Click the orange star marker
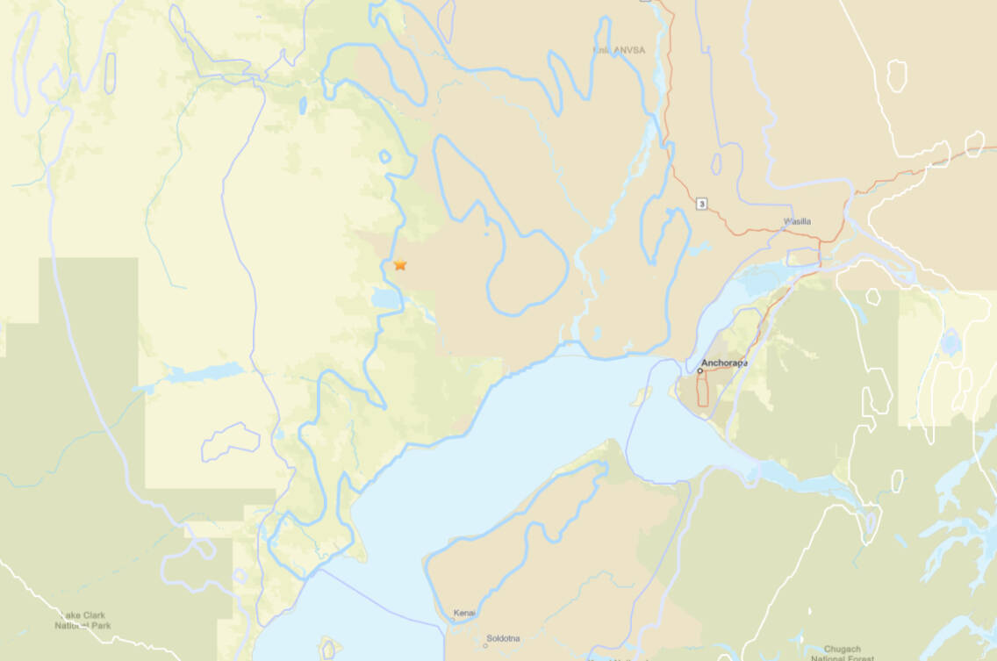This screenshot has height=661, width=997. point(400,264)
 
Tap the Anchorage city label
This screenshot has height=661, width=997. point(723,363)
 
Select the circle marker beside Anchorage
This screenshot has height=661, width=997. point(700,371)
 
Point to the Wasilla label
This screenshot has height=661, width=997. point(797,221)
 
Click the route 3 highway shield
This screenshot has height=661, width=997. point(701,204)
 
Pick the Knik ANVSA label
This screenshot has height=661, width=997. point(618,50)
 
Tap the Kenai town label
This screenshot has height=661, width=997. point(464,613)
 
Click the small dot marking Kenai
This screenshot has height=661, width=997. point(453,620)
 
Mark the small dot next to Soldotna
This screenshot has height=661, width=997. point(487,645)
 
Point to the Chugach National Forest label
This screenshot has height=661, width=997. point(837,653)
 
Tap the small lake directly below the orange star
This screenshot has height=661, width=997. point(385,299)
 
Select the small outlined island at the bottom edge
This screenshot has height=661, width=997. point(329,649)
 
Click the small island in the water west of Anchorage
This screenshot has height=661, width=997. point(642,397)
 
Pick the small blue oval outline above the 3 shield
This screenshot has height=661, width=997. point(717,164)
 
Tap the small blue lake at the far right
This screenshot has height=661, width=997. point(950,342)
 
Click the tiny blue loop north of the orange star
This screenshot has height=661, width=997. point(384,156)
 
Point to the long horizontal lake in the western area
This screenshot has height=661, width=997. point(202,373)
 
